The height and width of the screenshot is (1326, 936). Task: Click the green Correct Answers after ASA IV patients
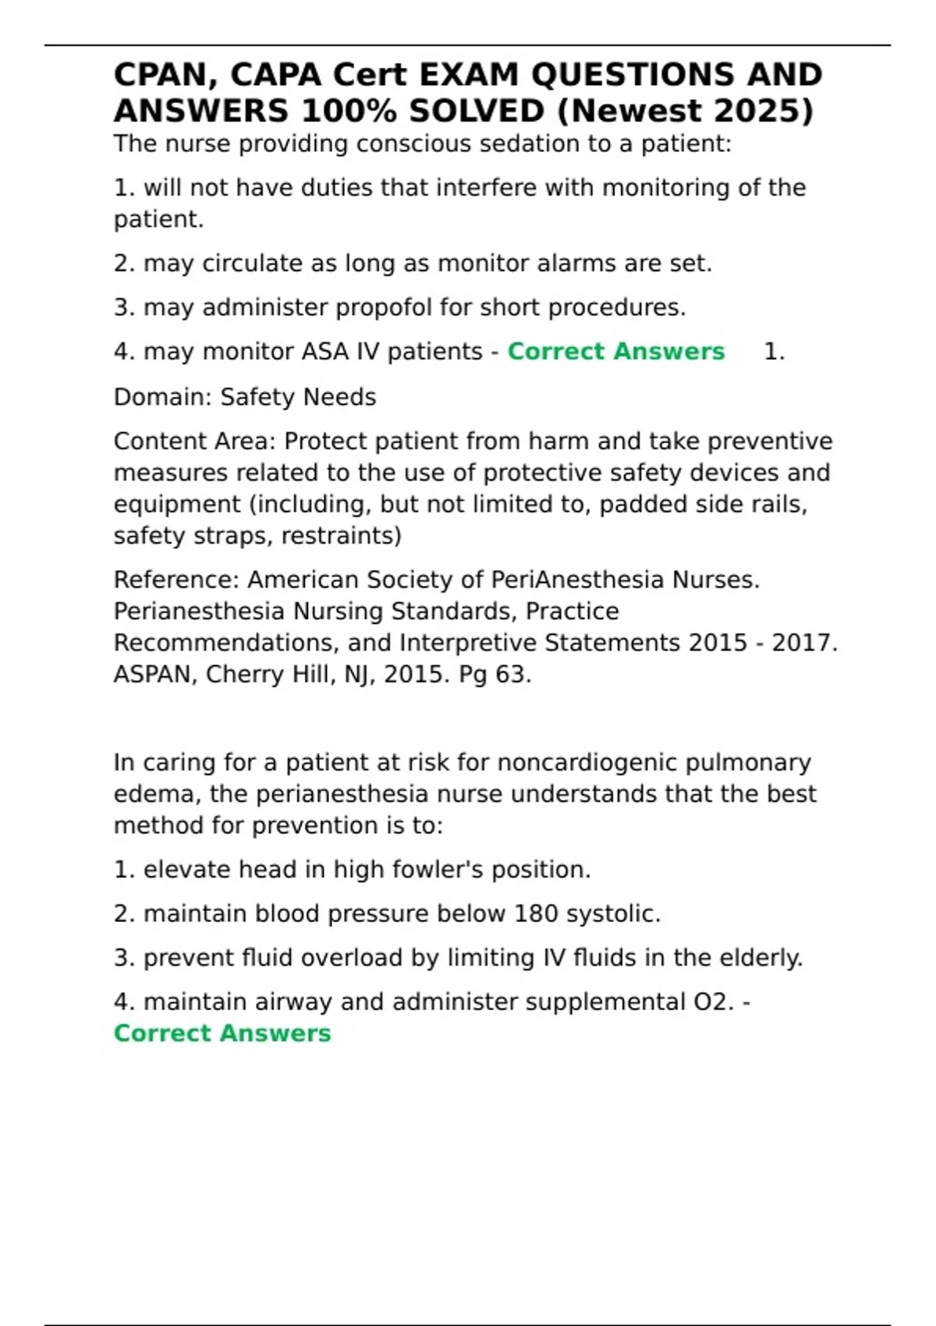[x=615, y=352]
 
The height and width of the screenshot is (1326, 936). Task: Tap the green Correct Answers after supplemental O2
[x=222, y=1033]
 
